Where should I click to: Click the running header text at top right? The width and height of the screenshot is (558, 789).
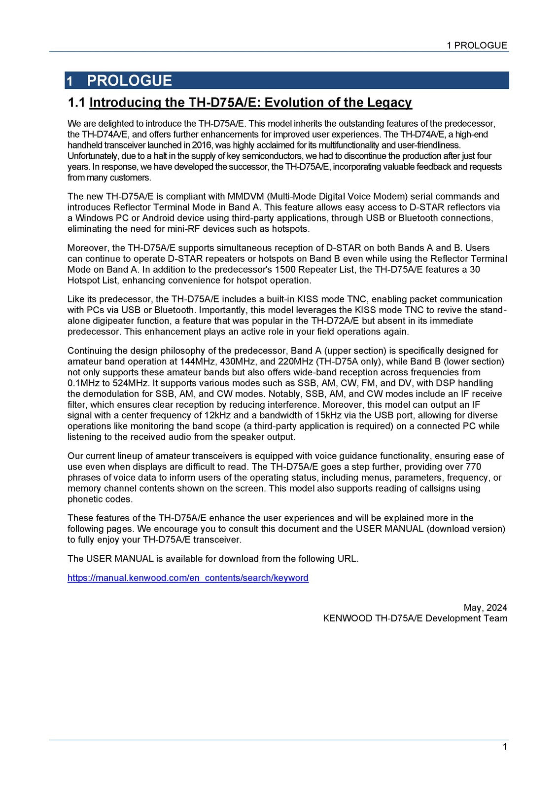(x=477, y=45)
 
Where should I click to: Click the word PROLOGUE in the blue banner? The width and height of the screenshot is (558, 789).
(x=129, y=81)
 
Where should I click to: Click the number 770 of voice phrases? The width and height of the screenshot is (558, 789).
(x=473, y=466)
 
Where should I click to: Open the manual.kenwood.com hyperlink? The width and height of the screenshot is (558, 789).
(x=188, y=578)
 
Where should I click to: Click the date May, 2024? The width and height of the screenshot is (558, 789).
(x=485, y=608)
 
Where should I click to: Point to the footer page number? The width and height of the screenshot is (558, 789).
(x=505, y=747)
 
